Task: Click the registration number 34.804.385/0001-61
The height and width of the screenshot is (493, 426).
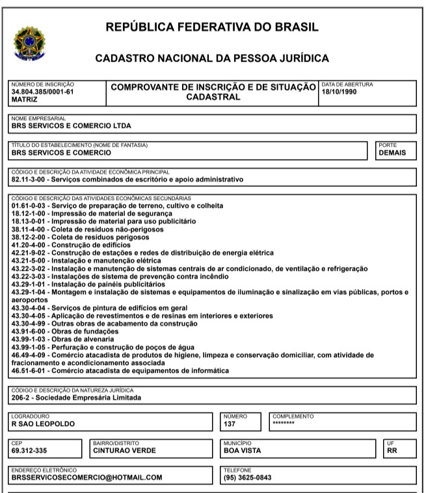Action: point(43,92)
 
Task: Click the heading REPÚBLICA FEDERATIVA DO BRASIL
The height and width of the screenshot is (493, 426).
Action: point(212,27)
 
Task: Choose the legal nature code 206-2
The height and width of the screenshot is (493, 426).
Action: point(23,398)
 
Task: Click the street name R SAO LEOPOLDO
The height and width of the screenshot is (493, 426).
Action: point(44,423)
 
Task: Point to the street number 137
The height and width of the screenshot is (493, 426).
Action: point(230,423)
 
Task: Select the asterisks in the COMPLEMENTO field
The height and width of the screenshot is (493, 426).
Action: point(284,423)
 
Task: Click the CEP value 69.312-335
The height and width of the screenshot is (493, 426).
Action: point(30,449)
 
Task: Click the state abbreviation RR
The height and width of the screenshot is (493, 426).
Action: point(392,449)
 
